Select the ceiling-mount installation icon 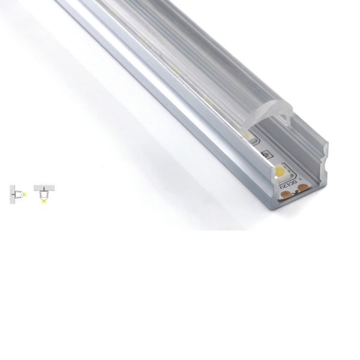44,194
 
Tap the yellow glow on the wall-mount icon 25,195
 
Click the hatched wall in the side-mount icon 12,195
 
